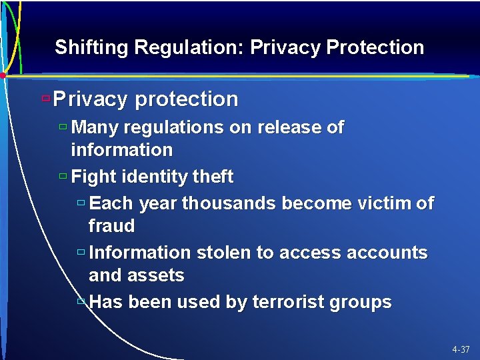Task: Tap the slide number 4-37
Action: (460, 349)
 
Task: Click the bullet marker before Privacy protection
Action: (45, 98)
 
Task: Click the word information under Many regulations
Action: (121, 149)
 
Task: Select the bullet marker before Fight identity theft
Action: (63, 177)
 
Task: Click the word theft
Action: (212, 177)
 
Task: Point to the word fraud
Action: (111, 226)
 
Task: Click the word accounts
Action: (387, 253)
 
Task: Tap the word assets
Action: (157, 275)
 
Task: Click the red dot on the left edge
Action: (3, 75)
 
